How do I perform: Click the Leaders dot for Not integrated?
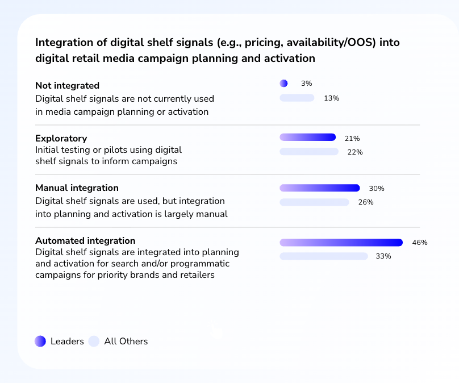click(x=283, y=84)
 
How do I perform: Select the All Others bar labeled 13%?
click(x=297, y=98)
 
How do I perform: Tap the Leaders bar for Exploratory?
click(x=308, y=137)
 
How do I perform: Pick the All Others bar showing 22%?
click(x=309, y=151)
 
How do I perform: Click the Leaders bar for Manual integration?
click(x=320, y=188)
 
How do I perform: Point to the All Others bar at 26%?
click(x=314, y=202)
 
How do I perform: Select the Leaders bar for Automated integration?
click(x=341, y=242)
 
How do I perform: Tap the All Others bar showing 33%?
click(x=324, y=256)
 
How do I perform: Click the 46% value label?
click(x=420, y=243)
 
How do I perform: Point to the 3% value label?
click(x=307, y=84)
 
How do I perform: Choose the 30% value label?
click(x=377, y=188)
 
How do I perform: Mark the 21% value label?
click(x=352, y=138)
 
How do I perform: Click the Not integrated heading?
click(x=68, y=85)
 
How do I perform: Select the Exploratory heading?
click(x=61, y=138)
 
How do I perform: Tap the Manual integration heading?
click(x=77, y=188)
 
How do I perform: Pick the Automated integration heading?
click(x=85, y=240)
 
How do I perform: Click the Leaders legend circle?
click(x=40, y=341)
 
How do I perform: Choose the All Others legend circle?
click(x=94, y=341)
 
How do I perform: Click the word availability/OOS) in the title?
click(x=331, y=43)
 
